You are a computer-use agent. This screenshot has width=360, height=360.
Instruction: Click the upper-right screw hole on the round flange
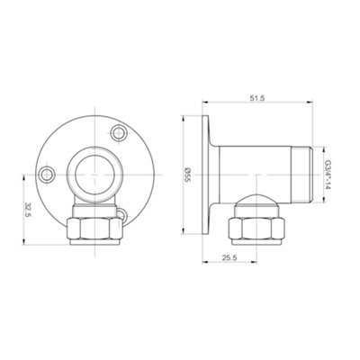click(x=115, y=133)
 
